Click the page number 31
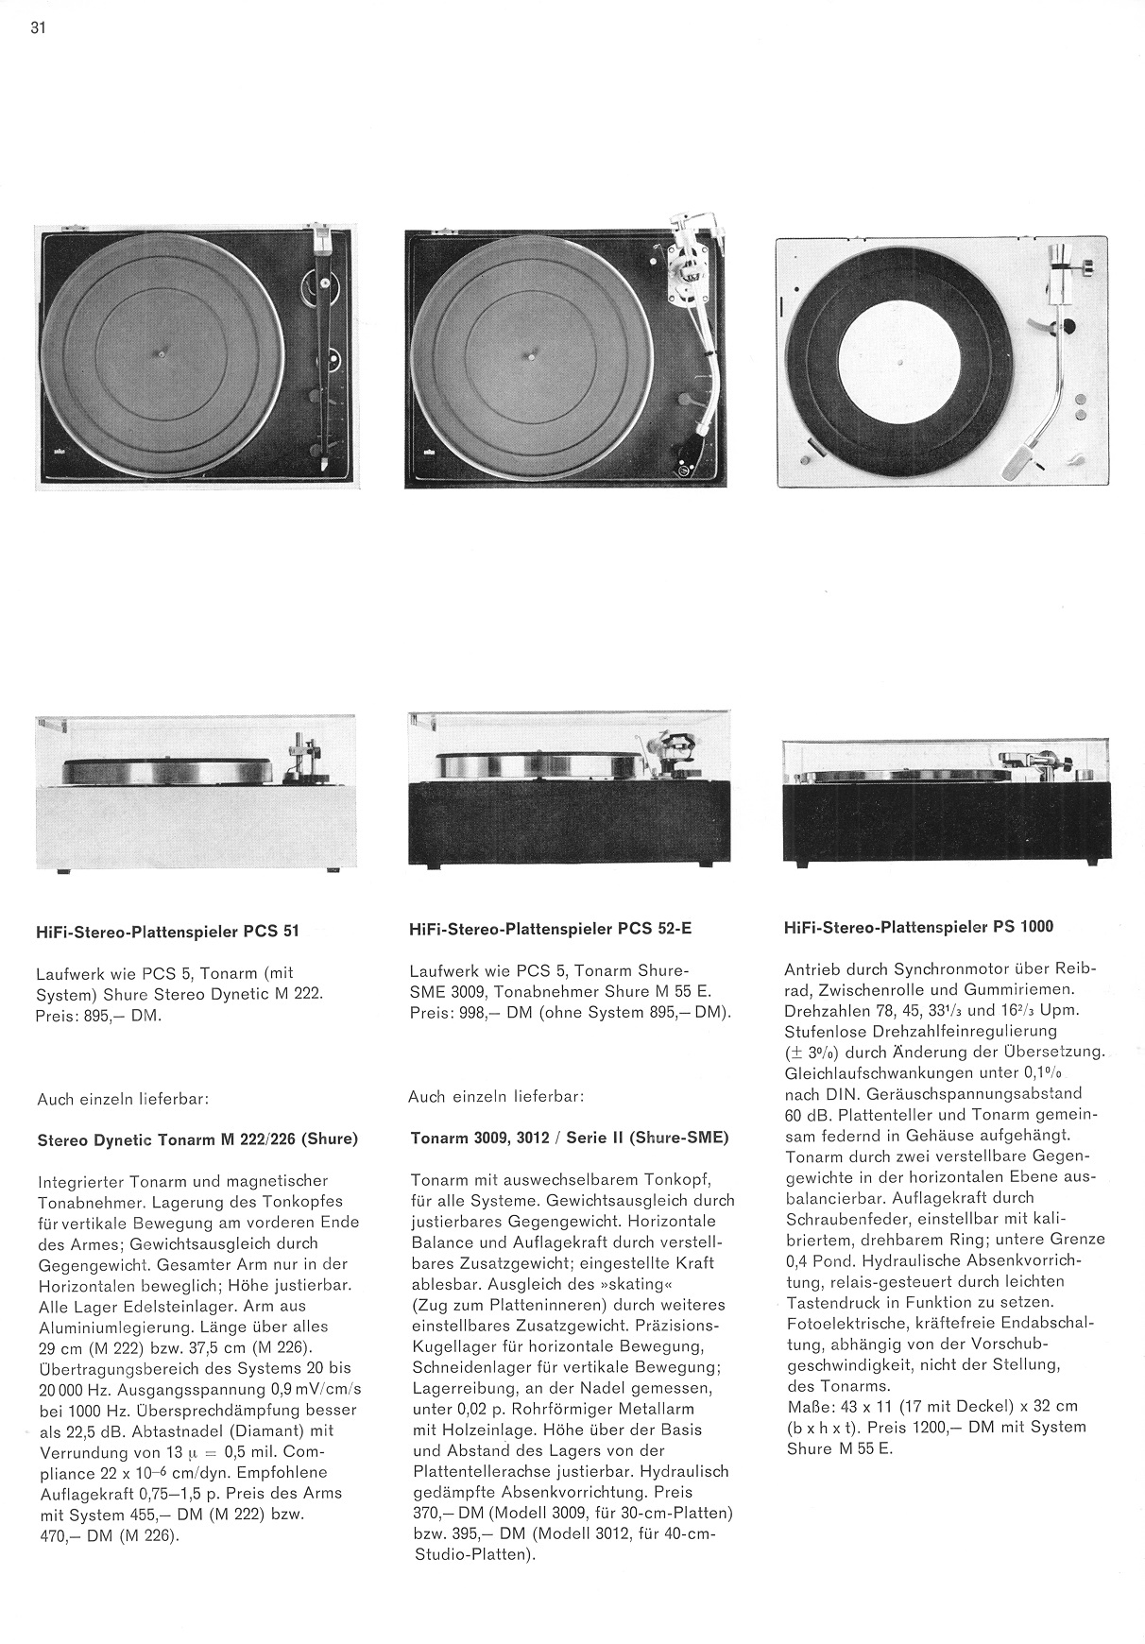click(38, 27)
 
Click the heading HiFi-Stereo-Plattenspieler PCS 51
click(168, 931)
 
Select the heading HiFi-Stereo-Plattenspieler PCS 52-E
click(551, 929)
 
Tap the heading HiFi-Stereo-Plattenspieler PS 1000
click(919, 927)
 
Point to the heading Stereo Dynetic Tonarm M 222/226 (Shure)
click(197, 1139)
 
